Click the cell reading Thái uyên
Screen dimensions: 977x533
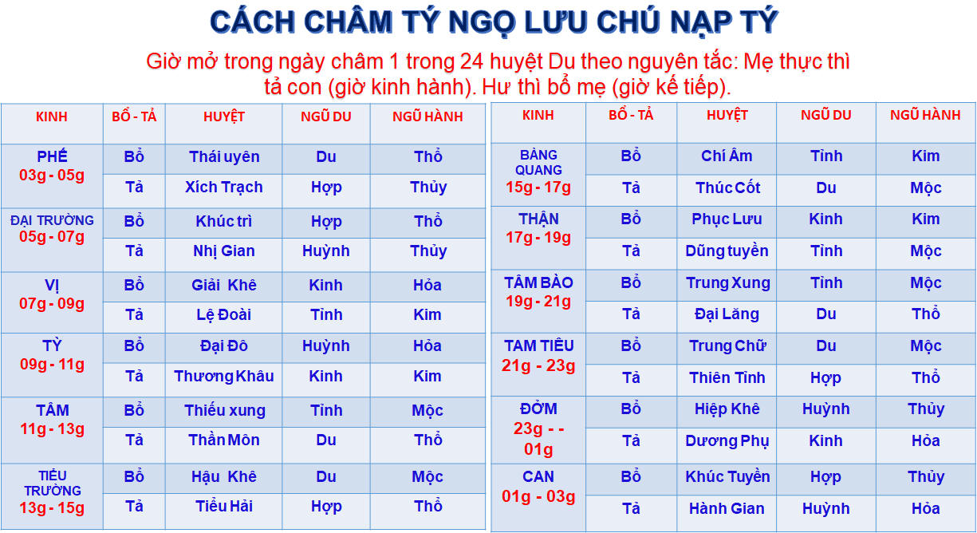(224, 156)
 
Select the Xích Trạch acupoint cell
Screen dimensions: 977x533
(224, 188)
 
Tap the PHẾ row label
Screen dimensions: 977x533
(52, 156)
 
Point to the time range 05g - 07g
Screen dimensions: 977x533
(52, 237)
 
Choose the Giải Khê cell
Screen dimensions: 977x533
(224, 285)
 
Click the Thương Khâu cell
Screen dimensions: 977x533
(224, 377)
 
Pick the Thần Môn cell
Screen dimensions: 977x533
(224, 440)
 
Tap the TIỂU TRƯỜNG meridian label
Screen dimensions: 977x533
(53, 484)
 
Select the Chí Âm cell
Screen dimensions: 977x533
(727, 156)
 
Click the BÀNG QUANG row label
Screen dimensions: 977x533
(538, 163)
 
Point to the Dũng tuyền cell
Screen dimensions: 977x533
(727, 251)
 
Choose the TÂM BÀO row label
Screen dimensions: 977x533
(538, 283)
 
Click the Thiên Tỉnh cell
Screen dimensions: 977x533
(727, 377)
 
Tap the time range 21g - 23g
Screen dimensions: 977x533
(538, 365)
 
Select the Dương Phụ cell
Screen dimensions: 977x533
(727, 441)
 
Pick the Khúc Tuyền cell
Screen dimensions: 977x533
(727, 476)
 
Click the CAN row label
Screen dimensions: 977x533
(538, 476)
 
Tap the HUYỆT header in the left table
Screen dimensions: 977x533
(224, 116)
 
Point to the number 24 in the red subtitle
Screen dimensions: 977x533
(472, 61)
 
